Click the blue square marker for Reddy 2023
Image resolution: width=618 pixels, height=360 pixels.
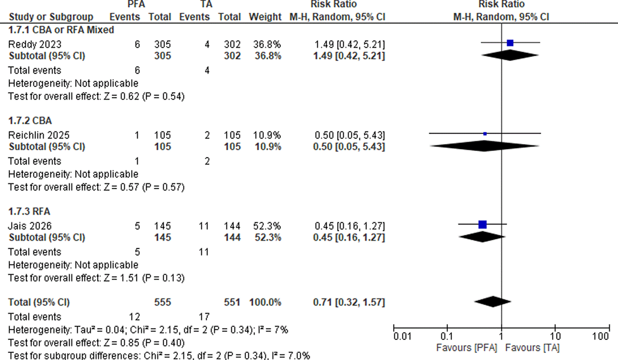pyautogui.click(x=510, y=43)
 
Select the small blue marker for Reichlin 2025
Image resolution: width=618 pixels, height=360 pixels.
pyautogui.click(x=485, y=134)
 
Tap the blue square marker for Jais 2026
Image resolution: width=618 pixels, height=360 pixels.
pyautogui.click(x=482, y=225)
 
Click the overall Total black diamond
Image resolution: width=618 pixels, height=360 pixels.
pyautogui.click(x=493, y=302)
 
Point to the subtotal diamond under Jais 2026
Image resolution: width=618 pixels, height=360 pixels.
pyautogui.click(x=482, y=237)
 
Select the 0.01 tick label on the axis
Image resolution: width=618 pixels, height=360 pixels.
pyautogui.click(x=402, y=336)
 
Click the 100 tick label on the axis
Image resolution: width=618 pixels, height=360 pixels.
pyautogui.click(x=600, y=336)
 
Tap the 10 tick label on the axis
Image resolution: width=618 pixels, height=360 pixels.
pyautogui.click(x=555, y=336)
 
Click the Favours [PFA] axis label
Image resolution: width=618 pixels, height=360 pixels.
pyautogui.click(x=466, y=348)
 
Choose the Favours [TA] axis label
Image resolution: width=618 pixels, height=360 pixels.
pyautogui.click(x=532, y=348)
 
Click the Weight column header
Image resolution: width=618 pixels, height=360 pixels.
pyautogui.click(x=265, y=17)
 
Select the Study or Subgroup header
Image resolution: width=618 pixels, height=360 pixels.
pyautogui.click(x=51, y=17)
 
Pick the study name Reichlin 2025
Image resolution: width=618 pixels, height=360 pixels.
pyautogui.click(x=39, y=135)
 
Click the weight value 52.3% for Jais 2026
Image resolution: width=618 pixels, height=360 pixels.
pyautogui.click(x=267, y=226)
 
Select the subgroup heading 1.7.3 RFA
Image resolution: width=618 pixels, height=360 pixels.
pyautogui.click(x=29, y=211)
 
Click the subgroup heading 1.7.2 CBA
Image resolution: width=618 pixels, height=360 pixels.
pyautogui.click(x=30, y=121)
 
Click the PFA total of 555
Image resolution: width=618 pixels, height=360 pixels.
pyautogui.click(x=162, y=302)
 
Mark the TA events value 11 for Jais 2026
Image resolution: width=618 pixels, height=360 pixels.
pyautogui.click(x=203, y=226)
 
